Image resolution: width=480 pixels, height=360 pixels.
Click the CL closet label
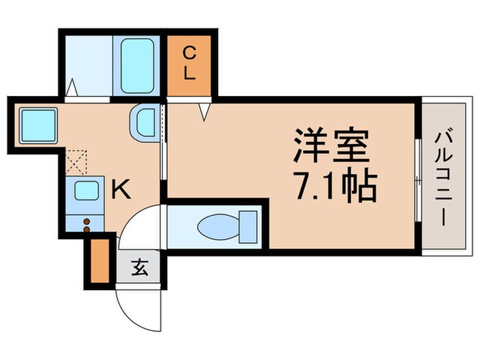click(x=189, y=62)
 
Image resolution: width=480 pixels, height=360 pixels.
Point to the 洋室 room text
click(x=331, y=145)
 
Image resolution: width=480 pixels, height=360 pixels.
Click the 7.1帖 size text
click(x=331, y=185)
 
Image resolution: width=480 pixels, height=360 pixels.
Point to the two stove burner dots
click(x=86, y=224)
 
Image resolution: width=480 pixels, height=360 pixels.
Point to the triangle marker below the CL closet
click(x=204, y=110)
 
